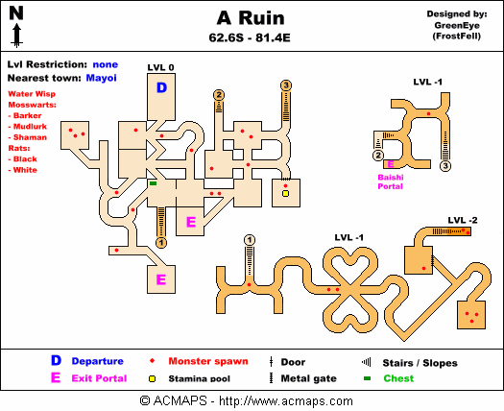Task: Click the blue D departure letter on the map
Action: (x=161, y=87)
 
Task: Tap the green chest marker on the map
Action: (x=154, y=183)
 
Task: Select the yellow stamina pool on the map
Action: (x=285, y=193)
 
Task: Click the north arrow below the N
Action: (x=16, y=36)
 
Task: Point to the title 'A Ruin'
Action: (x=251, y=18)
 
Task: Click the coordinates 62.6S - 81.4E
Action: (x=250, y=38)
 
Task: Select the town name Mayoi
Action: (x=101, y=78)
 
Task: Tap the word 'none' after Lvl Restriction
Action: (x=106, y=64)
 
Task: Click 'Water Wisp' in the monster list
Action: (x=32, y=94)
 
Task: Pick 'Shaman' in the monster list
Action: (x=30, y=137)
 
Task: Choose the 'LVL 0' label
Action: (x=160, y=67)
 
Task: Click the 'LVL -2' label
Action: (x=463, y=220)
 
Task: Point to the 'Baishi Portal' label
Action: (x=391, y=181)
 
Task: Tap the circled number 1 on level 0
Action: (x=161, y=243)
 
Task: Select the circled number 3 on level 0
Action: (x=286, y=85)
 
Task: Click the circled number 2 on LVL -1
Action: (x=378, y=156)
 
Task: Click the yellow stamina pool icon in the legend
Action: (x=152, y=379)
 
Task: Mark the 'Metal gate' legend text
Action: (x=308, y=378)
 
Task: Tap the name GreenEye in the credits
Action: (x=457, y=25)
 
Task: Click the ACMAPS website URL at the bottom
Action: (x=286, y=401)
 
